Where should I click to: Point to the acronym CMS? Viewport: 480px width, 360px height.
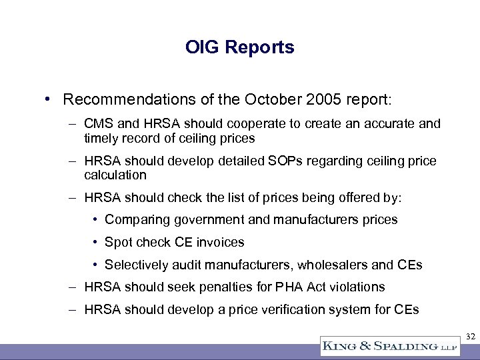(x=99, y=125)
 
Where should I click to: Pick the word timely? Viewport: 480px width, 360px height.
(x=101, y=138)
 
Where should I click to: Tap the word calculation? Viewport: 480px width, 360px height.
(x=115, y=175)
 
